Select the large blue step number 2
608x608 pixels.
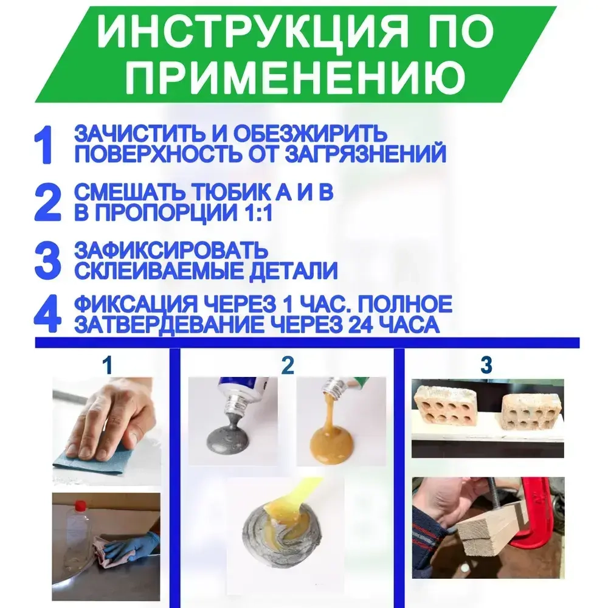pos(48,203)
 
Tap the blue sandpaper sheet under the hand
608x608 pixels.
pos(91,461)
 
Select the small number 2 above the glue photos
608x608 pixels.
pos(288,365)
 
